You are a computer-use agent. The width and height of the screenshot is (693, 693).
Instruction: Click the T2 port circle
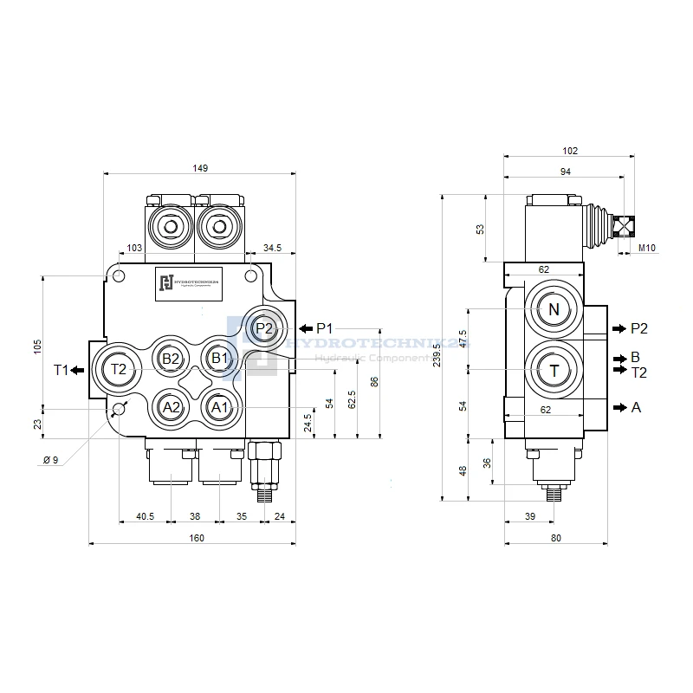(x=119, y=369)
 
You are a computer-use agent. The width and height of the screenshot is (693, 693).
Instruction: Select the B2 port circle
(x=171, y=359)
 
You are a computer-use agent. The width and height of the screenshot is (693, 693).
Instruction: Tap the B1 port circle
(x=218, y=358)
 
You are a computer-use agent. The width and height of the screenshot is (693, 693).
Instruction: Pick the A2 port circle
(x=171, y=406)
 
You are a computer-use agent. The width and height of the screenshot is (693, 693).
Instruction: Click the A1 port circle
(x=218, y=406)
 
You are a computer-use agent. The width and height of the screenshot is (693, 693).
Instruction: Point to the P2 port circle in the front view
(x=265, y=328)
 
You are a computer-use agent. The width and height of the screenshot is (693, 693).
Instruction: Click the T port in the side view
(x=554, y=370)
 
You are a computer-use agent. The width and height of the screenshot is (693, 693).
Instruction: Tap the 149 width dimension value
(x=200, y=168)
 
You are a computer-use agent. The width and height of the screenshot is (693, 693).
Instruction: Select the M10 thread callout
(x=648, y=249)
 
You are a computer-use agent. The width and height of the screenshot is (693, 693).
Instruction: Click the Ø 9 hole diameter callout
(x=50, y=460)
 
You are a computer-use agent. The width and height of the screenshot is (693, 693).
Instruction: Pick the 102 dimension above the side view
(x=569, y=151)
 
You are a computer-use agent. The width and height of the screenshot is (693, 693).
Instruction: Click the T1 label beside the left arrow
(x=61, y=370)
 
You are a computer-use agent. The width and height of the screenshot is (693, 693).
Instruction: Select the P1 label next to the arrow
(x=325, y=328)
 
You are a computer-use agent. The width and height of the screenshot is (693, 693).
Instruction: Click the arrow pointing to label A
(x=617, y=407)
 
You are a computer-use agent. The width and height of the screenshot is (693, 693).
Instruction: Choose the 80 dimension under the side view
(x=555, y=538)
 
